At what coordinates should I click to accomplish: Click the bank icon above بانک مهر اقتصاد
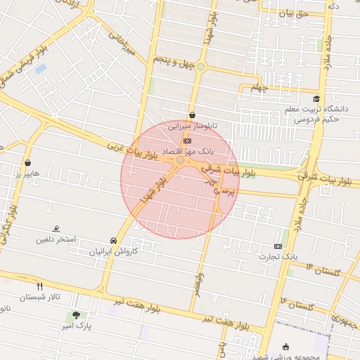point(186,141)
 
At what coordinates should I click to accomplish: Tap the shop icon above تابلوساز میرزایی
point(192,116)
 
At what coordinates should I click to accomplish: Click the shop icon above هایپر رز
point(27,162)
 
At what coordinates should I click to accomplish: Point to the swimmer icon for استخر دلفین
point(56,229)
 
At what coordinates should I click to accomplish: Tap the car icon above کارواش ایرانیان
point(114,240)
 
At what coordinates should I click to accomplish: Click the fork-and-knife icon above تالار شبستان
point(39,286)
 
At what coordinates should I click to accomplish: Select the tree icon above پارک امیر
point(76,316)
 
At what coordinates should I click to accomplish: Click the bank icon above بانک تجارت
point(278,246)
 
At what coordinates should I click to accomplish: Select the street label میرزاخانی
point(127,43)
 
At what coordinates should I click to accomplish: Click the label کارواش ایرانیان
point(115,251)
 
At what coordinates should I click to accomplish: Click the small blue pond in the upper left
point(40,69)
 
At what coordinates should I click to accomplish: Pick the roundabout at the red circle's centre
point(181,161)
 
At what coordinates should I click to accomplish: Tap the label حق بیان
point(294,13)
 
